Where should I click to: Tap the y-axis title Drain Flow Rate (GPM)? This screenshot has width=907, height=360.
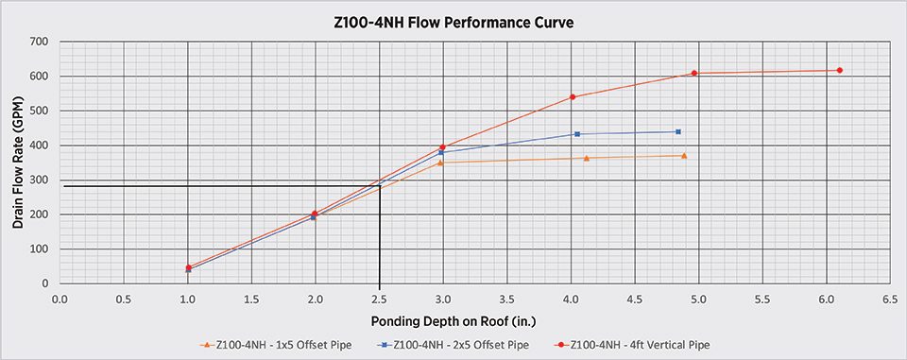(x=18, y=162)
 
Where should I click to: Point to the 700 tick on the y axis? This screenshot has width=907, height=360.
(x=39, y=42)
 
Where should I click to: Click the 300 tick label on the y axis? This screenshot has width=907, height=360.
(x=39, y=180)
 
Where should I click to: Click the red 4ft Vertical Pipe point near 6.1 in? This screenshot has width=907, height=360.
(x=840, y=70)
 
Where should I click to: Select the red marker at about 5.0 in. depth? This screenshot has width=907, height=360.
(x=694, y=73)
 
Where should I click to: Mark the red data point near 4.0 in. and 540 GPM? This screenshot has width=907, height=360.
(x=573, y=96)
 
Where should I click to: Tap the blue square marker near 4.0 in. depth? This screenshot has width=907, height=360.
(x=577, y=134)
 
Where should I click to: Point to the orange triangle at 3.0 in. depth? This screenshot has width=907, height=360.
(x=440, y=163)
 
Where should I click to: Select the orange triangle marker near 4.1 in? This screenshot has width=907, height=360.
(x=587, y=158)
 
